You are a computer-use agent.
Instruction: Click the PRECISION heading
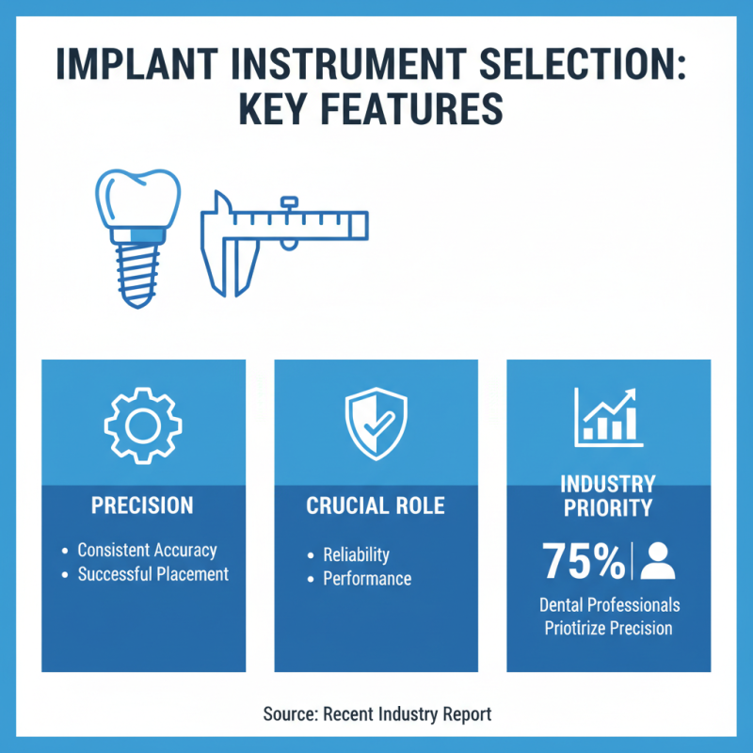click(x=142, y=505)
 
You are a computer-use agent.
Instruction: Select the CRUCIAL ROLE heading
click(x=376, y=505)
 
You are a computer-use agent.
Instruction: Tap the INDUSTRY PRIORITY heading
click(x=607, y=496)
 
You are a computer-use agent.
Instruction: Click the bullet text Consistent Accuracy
click(x=147, y=551)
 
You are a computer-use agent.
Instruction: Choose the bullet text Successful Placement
click(x=152, y=573)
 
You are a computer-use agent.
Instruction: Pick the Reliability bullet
click(x=356, y=554)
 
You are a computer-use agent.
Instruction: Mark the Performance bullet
click(x=367, y=578)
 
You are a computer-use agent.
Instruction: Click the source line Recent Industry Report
click(x=376, y=714)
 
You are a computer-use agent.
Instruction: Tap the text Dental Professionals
click(x=609, y=604)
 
